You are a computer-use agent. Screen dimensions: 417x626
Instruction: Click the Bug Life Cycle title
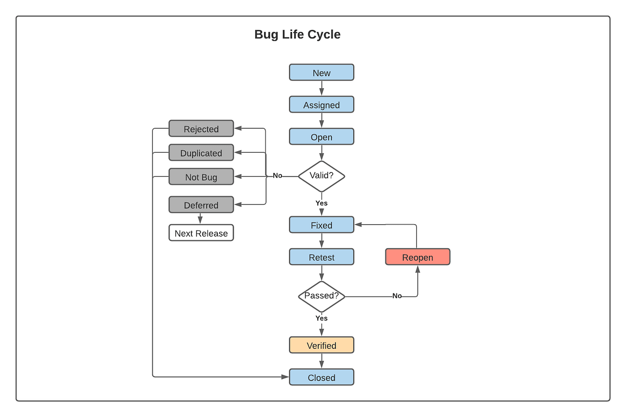click(297, 35)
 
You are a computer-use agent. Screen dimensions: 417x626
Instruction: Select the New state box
click(321, 73)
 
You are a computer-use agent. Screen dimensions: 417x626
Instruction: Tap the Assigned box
click(321, 105)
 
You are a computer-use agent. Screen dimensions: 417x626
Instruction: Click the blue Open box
click(321, 137)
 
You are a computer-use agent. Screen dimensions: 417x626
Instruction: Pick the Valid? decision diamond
click(321, 176)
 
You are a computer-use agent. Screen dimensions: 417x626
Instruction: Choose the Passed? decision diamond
click(321, 296)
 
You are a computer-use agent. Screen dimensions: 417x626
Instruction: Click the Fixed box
click(321, 225)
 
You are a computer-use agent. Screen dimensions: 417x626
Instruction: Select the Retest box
click(321, 257)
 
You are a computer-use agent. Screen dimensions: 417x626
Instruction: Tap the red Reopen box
click(417, 257)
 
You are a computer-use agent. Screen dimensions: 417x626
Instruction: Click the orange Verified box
click(321, 345)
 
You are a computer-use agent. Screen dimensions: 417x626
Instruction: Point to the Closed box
click(321, 377)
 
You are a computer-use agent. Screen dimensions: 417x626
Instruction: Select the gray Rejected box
click(201, 129)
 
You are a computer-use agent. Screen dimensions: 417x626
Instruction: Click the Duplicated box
click(201, 153)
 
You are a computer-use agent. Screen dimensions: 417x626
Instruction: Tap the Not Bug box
click(201, 177)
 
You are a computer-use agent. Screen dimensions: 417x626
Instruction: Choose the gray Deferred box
click(201, 205)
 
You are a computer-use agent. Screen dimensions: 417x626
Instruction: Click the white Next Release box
click(201, 233)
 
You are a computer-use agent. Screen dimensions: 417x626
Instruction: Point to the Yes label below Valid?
click(321, 203)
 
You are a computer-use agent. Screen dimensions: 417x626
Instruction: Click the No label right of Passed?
click(397, 296)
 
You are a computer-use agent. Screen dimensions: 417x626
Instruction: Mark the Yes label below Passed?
click(321, 318)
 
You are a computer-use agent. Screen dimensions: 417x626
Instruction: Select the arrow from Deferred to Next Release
click(200, 218)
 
